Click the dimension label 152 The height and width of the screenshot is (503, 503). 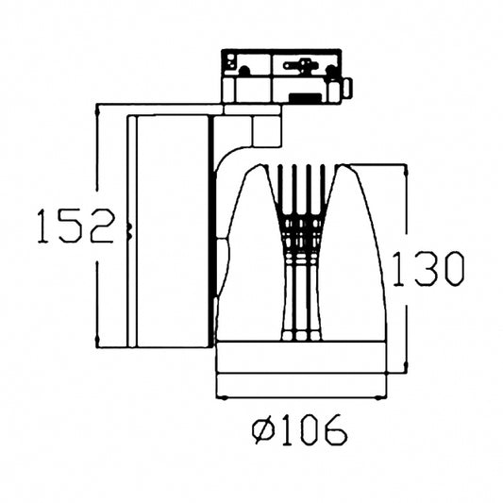point(75,226)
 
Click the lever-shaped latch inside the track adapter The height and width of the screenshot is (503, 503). point(304,66)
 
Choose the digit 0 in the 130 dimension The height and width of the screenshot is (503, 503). point(451,270)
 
